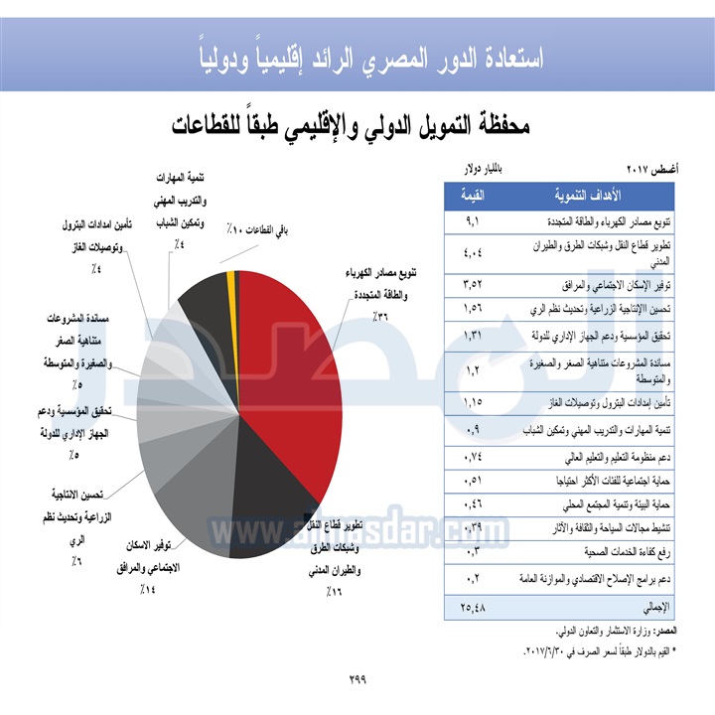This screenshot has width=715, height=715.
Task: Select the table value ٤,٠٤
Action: tap(473, 250)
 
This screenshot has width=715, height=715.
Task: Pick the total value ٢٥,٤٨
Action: tap(473, 605)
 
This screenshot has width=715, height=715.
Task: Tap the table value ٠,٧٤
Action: tap(473, 458)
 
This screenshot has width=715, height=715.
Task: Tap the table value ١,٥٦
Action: tap(473, 308)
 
